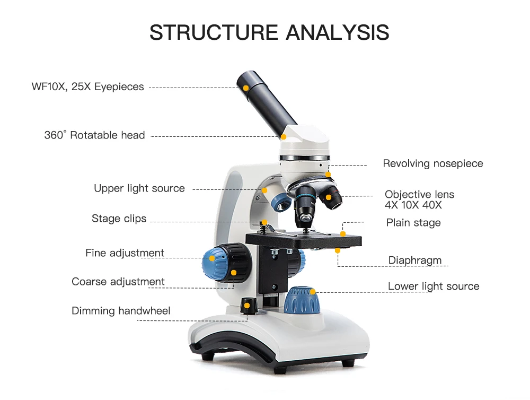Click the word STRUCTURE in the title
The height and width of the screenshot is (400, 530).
(x=214, y=32)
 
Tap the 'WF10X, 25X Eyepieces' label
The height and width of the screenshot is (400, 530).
(x=87, y=86)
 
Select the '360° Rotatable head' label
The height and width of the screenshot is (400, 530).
(x=94, y=135)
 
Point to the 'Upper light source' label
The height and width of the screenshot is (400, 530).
(x=139, y=188)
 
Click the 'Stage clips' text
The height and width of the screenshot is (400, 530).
(x=119, y=219)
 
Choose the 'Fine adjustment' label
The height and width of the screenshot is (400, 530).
(x=125, y=253)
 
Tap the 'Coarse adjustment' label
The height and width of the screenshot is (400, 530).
(x=118, y=282)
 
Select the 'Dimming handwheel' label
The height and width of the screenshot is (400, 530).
(x=121, y=311)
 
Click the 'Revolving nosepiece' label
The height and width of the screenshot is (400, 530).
(x=433, y=163)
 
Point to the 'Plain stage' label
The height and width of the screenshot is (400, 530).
(x=413, y=223)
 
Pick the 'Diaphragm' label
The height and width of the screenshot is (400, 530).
(x=415, y=260)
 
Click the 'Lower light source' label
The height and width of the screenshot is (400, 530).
(x=434, y=286)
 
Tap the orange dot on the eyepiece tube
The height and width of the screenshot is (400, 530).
(x=247, y=87)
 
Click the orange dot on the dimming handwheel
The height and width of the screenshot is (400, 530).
(x=246, y=306)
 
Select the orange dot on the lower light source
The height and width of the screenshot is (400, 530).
(x=313, y=291)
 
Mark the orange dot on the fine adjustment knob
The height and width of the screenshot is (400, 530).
(x=212, y=258)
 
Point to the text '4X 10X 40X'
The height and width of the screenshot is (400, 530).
(x=413, y=205)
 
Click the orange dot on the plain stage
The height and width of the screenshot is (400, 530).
(x=343, y=234)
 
